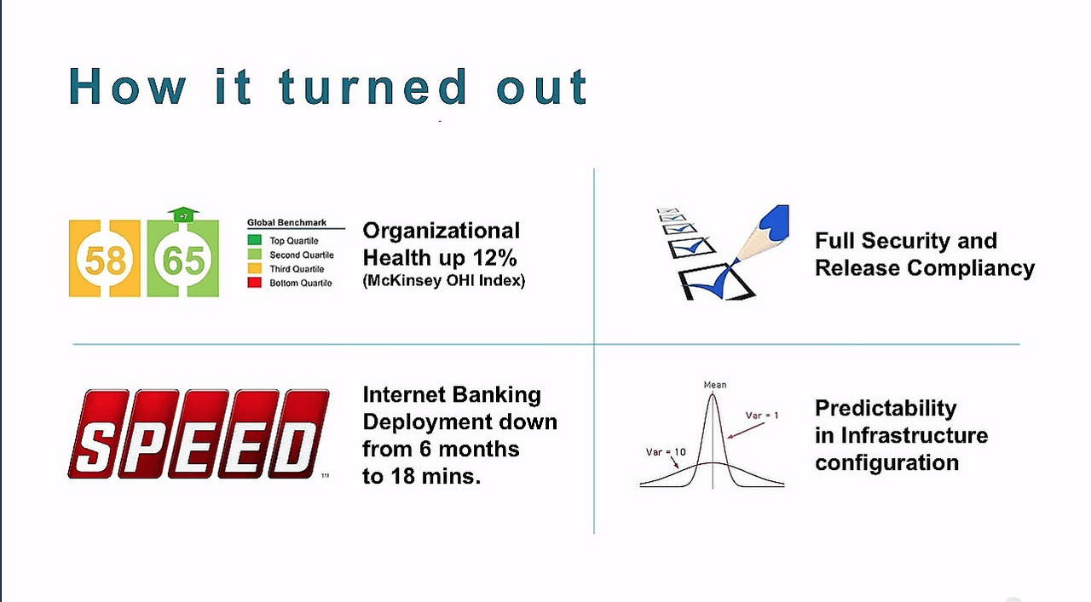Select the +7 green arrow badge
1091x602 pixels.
(183, 215)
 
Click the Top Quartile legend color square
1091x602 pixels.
(254, 240)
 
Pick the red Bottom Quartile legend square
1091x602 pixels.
(254, 282)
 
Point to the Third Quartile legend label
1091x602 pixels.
(297, 268)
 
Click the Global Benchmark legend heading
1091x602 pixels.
(286, 222)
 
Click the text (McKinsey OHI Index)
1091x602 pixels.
(444, 281)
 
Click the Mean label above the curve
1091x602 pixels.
(715, 385)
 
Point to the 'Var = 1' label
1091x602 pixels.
(762, 416)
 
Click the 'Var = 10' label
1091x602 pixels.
(666, 452)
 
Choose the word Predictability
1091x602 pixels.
(886, 409)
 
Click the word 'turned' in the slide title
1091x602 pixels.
(373, 87)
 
